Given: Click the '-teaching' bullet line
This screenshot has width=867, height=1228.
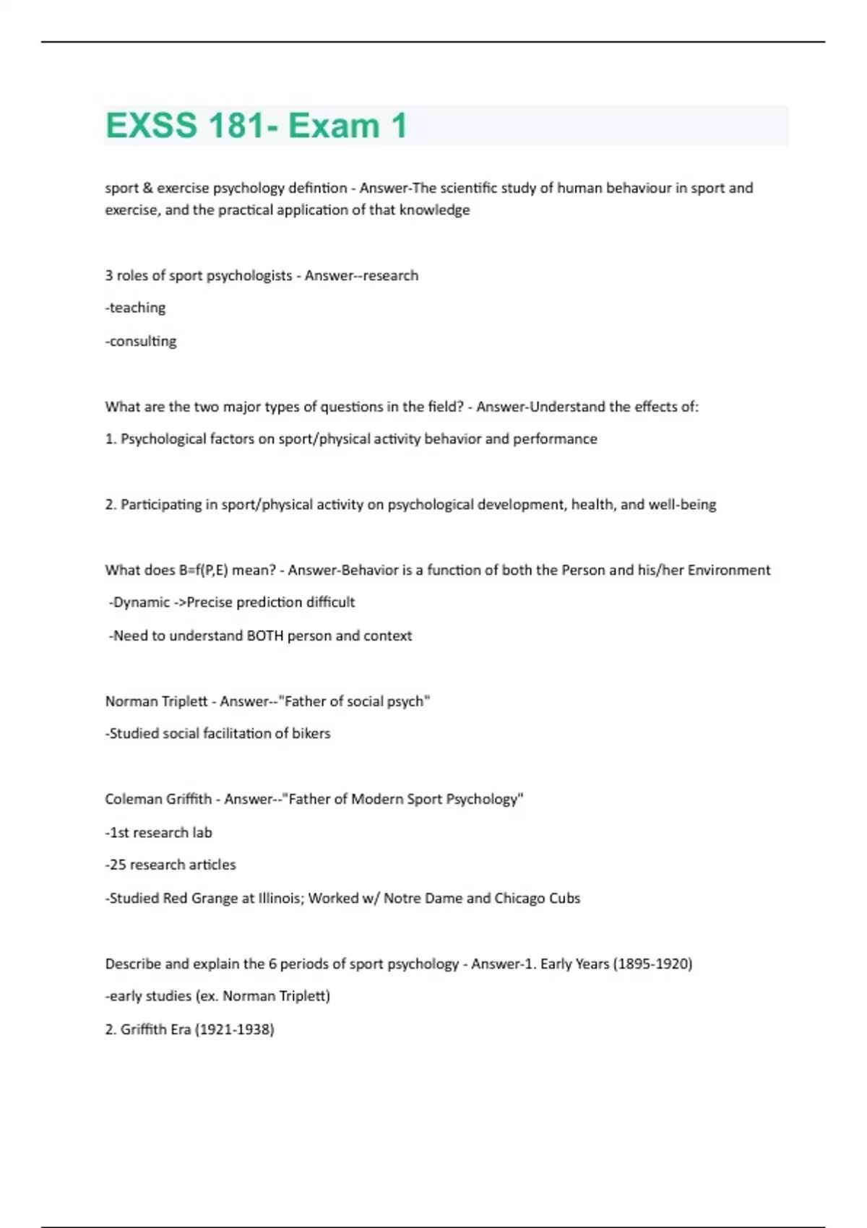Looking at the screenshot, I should pyautogui.click(x=135, y=308).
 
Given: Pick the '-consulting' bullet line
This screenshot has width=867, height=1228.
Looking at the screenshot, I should pyautogui.click(x=141, y=341).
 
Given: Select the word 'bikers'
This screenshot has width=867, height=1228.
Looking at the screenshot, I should pyautogui.click(x=311, y=733).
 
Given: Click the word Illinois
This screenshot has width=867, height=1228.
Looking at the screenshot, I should pyautogui.click(x=281, y=898).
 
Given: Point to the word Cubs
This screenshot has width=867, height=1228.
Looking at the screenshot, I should pyautogui.click(x=564, y=898).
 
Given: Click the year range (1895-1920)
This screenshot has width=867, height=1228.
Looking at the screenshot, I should pyautogui.click(x=652, y=964).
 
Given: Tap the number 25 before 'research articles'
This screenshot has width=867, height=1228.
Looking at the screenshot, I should pyautogui.click(x=118, y=865).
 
